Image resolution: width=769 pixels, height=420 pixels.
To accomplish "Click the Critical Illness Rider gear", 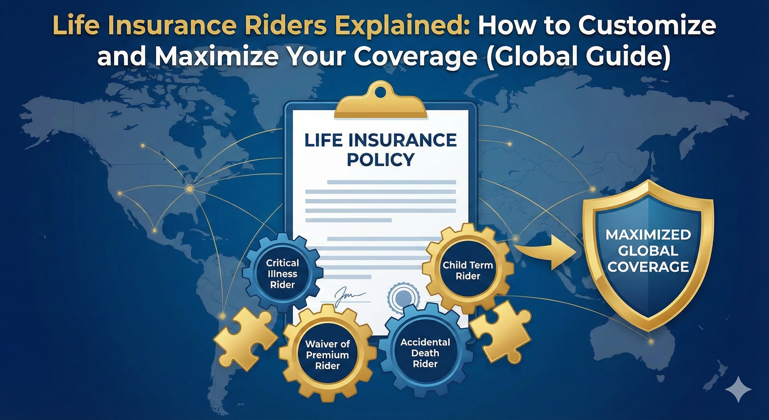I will pos(282,274).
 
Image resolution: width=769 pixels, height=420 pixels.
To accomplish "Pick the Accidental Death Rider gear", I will pos(425,353).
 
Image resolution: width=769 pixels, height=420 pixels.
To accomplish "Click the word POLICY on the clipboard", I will pos(380,160).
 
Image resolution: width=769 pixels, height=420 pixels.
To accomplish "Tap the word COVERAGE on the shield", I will pos(648,267).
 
